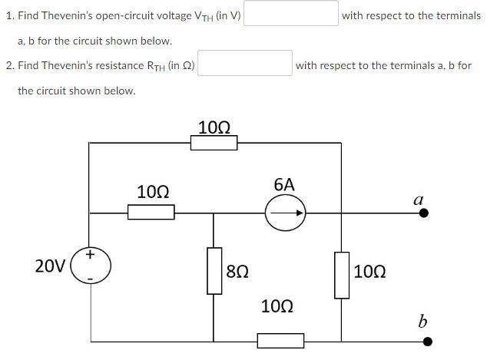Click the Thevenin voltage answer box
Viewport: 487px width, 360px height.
tap(291, 14)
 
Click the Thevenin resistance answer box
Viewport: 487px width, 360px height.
tap(245, 64)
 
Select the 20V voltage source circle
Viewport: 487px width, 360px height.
tap(91, 265)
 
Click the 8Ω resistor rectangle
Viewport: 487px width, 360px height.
tap(214, 270)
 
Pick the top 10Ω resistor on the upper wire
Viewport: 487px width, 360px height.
tap(214, 142)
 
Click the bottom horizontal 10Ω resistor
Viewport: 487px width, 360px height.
tap(280, 340)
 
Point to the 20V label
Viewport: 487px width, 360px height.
tap(50, 266)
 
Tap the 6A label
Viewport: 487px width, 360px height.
tap(284, 184)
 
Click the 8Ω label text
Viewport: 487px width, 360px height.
tap(237, 271)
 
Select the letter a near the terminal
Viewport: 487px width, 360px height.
tap(419, 199)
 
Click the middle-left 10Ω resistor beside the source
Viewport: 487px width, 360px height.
tap(151, 212)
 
